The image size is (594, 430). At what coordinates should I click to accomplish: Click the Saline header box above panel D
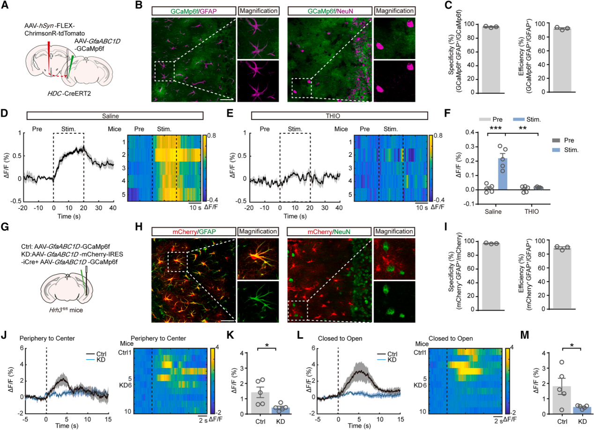coord(114,116)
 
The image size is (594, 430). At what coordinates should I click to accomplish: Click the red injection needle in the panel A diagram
coord(49,58)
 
